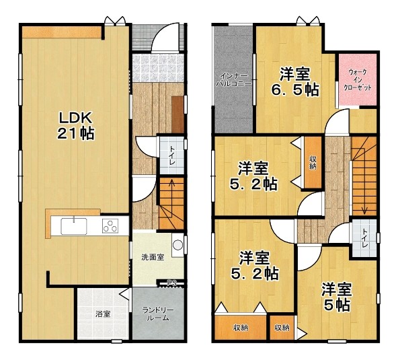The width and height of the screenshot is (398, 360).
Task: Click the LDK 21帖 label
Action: pyautogui.click(x=76, y=126)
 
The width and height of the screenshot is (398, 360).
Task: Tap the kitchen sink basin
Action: pyautogui.click(x=73, y=226)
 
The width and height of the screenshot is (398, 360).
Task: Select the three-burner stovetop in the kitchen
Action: pyautogui.click(x=110, y=225)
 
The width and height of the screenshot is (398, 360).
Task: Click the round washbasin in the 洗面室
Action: pyautogui.click(x=177, y=245)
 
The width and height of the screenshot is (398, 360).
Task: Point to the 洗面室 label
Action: pyautogui.click(x=153, y=257)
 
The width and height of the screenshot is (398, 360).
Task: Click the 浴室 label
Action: pyautogui.click(x=103, y=314)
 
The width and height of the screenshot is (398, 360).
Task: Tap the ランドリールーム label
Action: pyautogui.click(x=158, y=314)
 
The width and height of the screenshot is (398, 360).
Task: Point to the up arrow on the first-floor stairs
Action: pyautogui.click(x=172, y=194)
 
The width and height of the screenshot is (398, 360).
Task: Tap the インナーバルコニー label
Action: pyautogui.click(x=233, y=80)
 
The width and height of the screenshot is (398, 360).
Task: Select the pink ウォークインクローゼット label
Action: pyautogui.click(x=358, y=80)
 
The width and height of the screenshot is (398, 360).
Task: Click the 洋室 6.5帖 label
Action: pyautogui.click(x=295, y=82)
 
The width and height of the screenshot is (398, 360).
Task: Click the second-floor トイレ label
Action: pyautogui.click(x=364, y=239)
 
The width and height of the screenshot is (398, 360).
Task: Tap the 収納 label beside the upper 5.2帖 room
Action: pyautogui.click(x=313, y=163)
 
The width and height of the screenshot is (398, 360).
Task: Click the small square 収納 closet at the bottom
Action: pyautogui.click(x=282, y=328)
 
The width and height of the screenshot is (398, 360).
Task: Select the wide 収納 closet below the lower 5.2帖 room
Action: pyautogui.click(x=241, y=328)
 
